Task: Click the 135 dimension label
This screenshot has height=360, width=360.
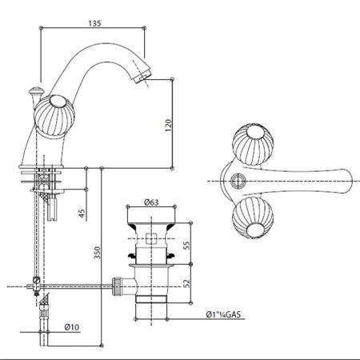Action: click(94, 23)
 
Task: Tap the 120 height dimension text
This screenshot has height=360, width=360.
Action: click(169, 126)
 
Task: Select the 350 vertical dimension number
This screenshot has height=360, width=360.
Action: click(98, 253)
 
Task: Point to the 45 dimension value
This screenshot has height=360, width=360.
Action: click(82, 214)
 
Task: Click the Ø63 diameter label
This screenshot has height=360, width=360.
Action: click(151, 202)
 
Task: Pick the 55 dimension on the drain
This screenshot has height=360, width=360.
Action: click(187, 246)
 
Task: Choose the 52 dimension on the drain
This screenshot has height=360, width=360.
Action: click(187, 283)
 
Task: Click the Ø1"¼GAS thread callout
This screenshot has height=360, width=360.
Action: click(223, 314)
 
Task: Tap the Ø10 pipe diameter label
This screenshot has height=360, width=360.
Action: click(72, 327)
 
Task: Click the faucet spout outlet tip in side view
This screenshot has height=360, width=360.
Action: click(142, 75)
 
